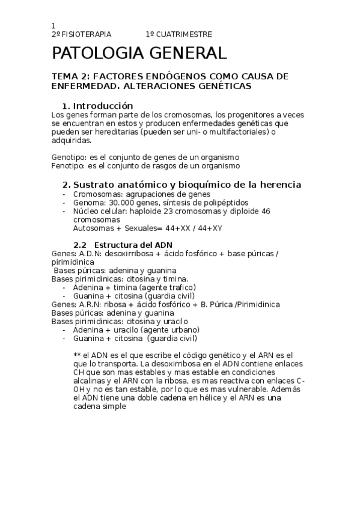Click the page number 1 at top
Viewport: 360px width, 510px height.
point(53,26)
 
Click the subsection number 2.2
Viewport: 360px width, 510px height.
point(80,245)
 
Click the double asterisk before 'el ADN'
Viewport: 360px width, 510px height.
point(77,355)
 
